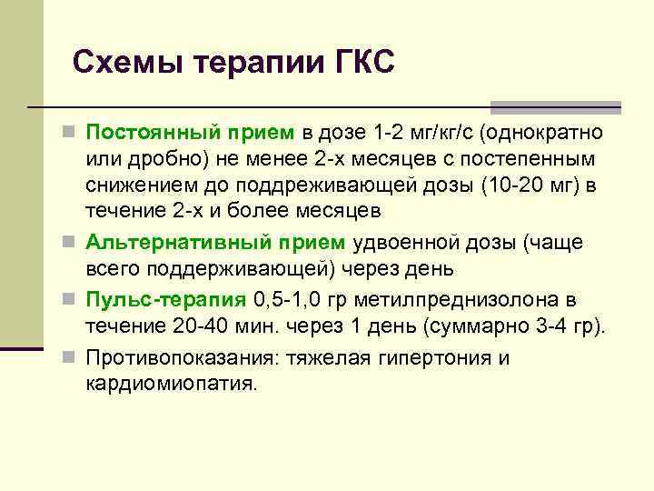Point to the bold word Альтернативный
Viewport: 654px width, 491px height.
tap(160, 243)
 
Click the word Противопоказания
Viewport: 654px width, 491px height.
tap(182, 358)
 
